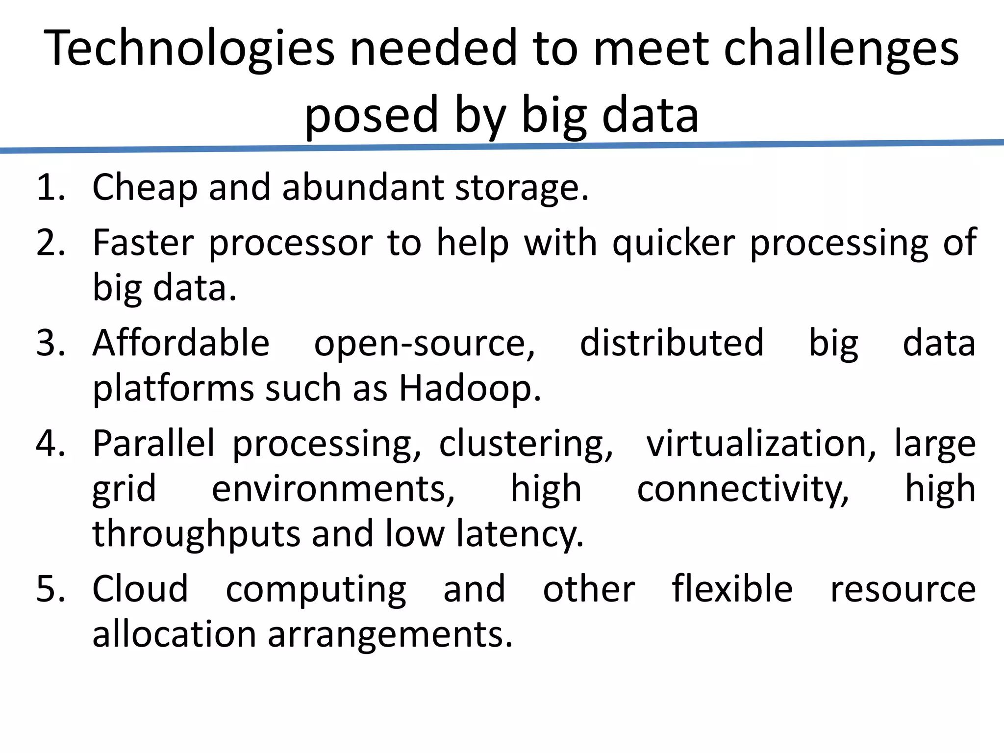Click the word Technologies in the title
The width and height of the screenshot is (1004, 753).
[x=189, y=49]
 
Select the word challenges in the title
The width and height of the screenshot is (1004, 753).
[x=841, y=49]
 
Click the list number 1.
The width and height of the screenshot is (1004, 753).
[x=50, y=187]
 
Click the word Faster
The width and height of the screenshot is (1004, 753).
[x=144, y=243]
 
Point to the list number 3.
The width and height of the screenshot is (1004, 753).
[x=50, y=343]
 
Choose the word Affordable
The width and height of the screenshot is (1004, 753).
[x=181, y=343]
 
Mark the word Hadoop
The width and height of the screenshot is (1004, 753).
[x=470, y=389]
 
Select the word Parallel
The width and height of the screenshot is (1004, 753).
[x=153, y=444]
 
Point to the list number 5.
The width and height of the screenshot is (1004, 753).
[x=50, y=589]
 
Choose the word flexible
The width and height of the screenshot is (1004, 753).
[x=732, y=589]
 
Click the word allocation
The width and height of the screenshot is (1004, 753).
[x=174, y=634]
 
